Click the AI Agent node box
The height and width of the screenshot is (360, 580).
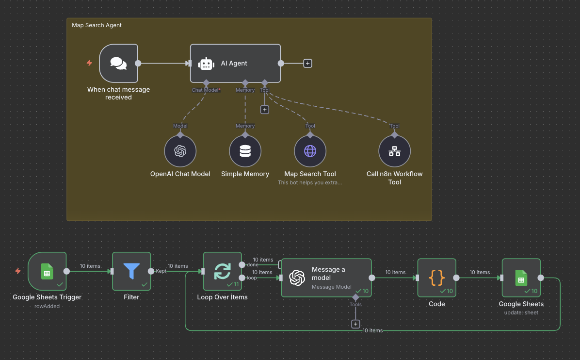pyautogui.click(x=235, y=63)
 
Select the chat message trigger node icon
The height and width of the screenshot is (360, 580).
pyautogui.click(x=118, y=63)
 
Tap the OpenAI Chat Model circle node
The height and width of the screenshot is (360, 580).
pyautogui.click(x=180, y=151)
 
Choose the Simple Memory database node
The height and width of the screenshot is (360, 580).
pyautogui.click(x=245, y=151)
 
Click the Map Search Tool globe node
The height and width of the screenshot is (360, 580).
pyautogui.click(x=310, y=151)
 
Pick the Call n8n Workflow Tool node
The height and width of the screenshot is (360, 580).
pyautogui.click(x=394, y=151)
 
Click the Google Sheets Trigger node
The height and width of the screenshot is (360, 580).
pyautogui.click(x=47, y=272)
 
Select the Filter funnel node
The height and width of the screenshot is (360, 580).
pyautogui.click(x=131, y=272)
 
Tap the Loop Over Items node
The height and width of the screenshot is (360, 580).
pyautogui.click(x=222, y=272)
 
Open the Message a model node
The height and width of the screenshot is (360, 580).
pyautogui.click(x=326, y=277)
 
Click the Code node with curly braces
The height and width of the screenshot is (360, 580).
pyautogui.click(x=436, y=278)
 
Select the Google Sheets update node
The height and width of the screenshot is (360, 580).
pyautogui.click(x=521, y=278)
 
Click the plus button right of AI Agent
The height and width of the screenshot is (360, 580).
pyautogui.click(x=307, y=63)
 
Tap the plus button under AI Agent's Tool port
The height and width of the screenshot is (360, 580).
pyautogui.click(x=264, y=110)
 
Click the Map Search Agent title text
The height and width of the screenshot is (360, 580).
pyautogui.click(x=97, y=25)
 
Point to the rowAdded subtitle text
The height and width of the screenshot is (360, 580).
pyautogui.click(x=47, y=306)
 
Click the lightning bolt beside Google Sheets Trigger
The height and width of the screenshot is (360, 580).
pyautogui.click(x=18, y=271)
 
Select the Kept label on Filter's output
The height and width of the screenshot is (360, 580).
pyautogui.click(x=161, y=271)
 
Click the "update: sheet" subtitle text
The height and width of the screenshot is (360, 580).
pyautogui.click(x=521, y=312)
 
